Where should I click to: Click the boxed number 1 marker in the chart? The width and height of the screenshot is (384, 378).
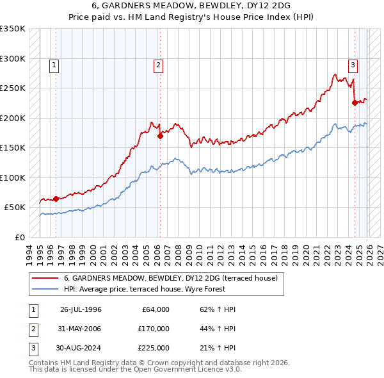[x=55, y=64]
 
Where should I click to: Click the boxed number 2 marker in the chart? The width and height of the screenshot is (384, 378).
[x=158, y=64]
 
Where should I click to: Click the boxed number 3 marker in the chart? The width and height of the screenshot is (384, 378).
[x=353, y=64]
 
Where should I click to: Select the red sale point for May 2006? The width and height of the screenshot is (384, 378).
[x=160, y=135]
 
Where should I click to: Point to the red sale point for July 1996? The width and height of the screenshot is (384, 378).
[x=56, y=199]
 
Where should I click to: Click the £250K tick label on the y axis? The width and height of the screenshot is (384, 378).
[x=13, y=88]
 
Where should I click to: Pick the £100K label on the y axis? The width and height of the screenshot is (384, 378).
[x=13, y=177]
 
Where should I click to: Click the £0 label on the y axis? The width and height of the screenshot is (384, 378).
[x=19, y=237]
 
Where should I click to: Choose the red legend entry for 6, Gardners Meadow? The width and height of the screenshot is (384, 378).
[x=170, y=279]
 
